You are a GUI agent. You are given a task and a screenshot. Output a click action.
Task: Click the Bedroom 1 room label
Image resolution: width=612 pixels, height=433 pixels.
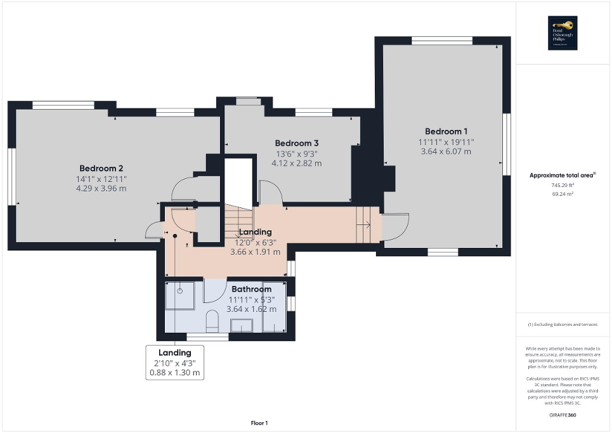446,131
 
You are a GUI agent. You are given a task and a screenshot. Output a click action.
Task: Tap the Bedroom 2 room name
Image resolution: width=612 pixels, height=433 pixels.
101,168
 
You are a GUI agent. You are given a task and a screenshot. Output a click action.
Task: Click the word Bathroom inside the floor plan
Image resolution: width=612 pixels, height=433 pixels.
251,289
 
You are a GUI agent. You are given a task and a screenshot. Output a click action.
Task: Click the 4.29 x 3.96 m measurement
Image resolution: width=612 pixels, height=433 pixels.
101,188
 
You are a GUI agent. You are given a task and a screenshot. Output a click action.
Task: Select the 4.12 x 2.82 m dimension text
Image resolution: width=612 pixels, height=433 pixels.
296,163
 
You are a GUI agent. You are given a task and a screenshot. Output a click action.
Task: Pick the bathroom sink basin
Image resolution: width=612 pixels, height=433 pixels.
242,325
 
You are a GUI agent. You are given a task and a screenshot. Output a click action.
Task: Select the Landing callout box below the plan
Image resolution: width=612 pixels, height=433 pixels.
175,363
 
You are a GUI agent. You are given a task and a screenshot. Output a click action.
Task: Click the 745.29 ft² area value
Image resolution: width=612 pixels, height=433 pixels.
563,184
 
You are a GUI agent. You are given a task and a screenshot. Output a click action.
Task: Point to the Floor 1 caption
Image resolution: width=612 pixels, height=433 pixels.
259,423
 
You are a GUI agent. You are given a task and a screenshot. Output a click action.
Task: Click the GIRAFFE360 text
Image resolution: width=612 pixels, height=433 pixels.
563,415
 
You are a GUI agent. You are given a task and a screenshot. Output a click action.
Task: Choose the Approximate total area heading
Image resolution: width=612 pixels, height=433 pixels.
562,175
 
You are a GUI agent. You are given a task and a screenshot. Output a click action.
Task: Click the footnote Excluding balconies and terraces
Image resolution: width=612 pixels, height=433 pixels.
563,325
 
